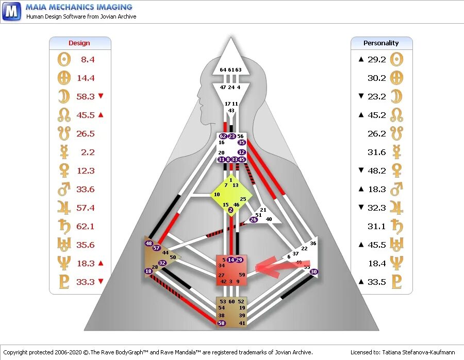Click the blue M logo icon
[x=11, y=11]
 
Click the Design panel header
[x=79, y=43]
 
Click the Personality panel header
[x=381, y=43]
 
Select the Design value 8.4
[x=88, y=60]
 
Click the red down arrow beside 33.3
[x=101, y=282]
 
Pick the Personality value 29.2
[x=376, y=60]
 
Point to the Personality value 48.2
[x=376, y=171]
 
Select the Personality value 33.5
[x=376, y=282]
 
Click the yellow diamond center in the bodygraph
[x=230, y=195]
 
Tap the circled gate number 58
[x=222, y=323]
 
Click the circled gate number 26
[x=253, y=219]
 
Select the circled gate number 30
[x=314, y=271]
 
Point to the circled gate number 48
[x=149, y=244]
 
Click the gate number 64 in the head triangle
[x=223, y=70]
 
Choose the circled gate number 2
[x=230, y=210]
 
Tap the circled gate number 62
[x=223, y=136]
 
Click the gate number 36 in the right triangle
[x=313, y=244]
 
